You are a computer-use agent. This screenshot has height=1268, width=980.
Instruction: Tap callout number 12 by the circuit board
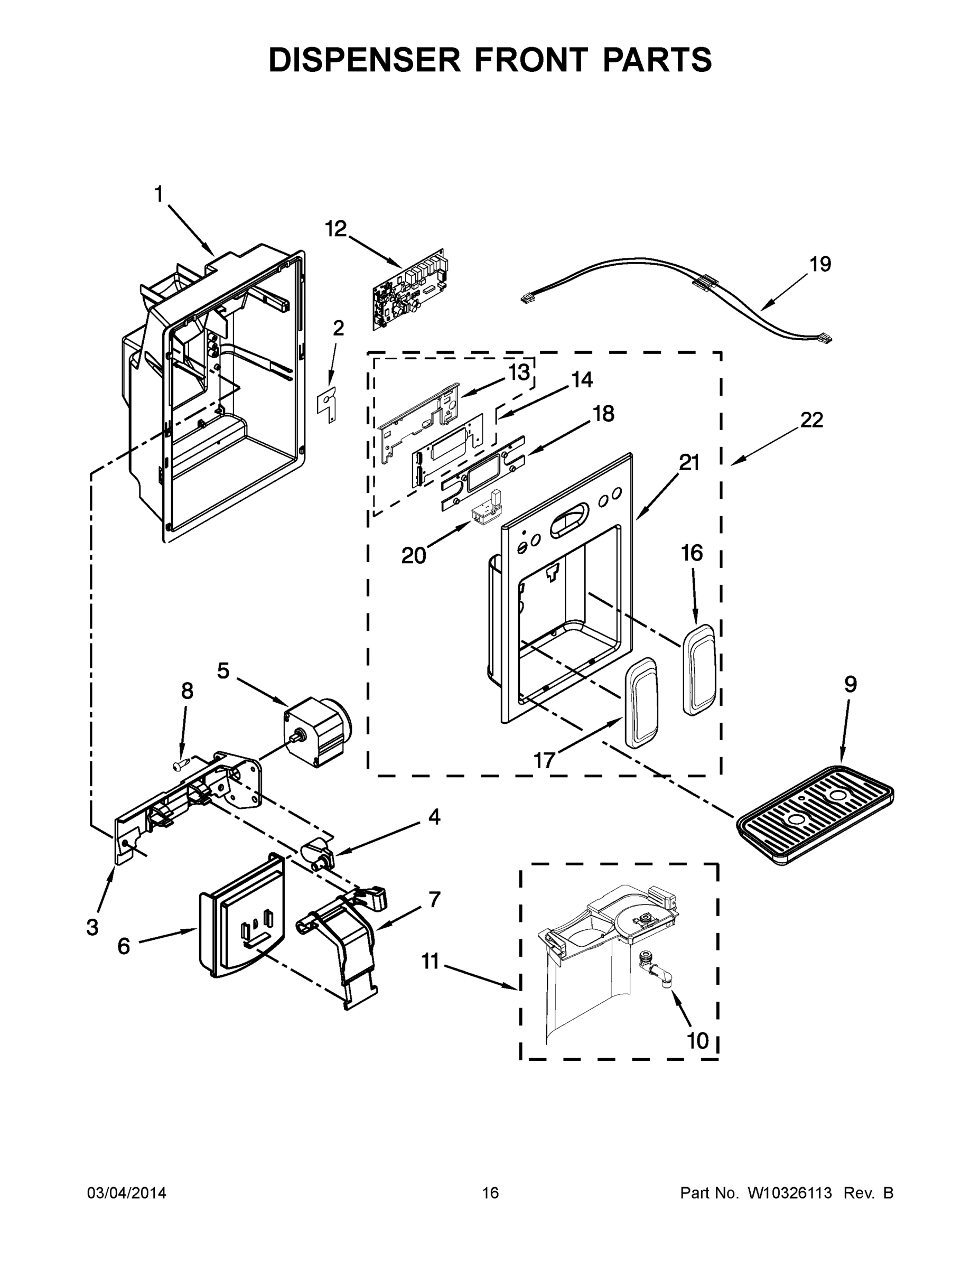335,229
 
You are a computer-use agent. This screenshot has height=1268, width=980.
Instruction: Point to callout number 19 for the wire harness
820,265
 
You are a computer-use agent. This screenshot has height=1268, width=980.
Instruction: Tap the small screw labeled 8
181,767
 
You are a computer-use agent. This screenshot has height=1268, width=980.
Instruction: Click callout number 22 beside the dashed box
811,420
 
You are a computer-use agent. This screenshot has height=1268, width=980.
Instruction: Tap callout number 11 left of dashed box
430,962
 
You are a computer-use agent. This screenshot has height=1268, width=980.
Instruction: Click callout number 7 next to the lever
434,899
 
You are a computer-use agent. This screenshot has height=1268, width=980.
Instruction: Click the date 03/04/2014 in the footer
127,1193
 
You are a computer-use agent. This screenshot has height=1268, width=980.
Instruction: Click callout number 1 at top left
158,194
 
